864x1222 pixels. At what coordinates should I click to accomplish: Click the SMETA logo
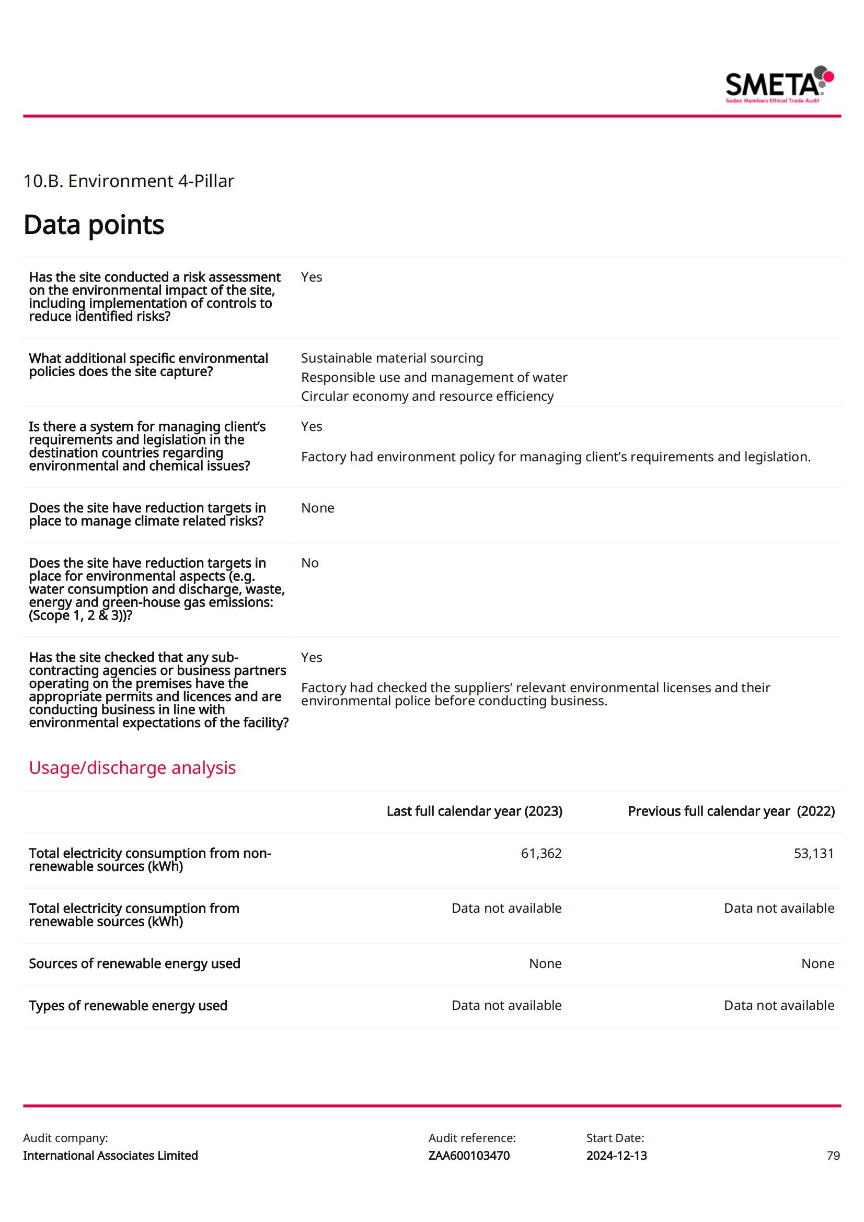click(x=779, y=85)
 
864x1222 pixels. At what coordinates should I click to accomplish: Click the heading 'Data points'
click(x=94, y=225)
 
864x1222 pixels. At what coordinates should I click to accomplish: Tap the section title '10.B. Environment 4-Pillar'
click(x=128, y=181)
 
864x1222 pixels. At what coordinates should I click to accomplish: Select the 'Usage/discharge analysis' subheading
click(x=132, y=767)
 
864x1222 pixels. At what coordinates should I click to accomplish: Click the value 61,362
click(x=541, y=853)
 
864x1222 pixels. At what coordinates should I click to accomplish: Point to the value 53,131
click(x=813, y=853)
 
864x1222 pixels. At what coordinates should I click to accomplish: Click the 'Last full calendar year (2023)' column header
click(x=474, y=811)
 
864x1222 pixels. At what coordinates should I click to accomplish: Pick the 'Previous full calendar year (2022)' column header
click(x=731, y=811)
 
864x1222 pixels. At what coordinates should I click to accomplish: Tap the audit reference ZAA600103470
click(x=468, y=1156)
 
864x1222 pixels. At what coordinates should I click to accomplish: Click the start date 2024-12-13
click(x=616, y=1156)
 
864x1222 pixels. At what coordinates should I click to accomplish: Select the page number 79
click(x=833, y=1156)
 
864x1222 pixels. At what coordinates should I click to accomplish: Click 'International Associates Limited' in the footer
click(x=110, y=1156)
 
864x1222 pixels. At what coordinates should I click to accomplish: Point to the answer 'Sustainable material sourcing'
click(x=392, y=358)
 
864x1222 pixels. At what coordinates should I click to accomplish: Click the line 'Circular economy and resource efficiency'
click(x=427, y=397)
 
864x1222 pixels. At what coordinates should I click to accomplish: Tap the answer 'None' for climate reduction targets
click(x=317, y=508)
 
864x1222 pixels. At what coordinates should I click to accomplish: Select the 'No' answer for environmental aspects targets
click(x=309, y=563)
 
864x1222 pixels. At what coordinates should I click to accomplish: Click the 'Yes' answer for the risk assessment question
click(x=312, y=277)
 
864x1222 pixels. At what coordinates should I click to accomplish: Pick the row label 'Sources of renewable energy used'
click(x=135, y=963)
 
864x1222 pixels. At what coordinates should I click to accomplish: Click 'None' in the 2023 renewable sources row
click(x=545, y=963)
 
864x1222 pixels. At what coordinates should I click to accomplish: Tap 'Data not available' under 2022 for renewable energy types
click(x=779, y=1005)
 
